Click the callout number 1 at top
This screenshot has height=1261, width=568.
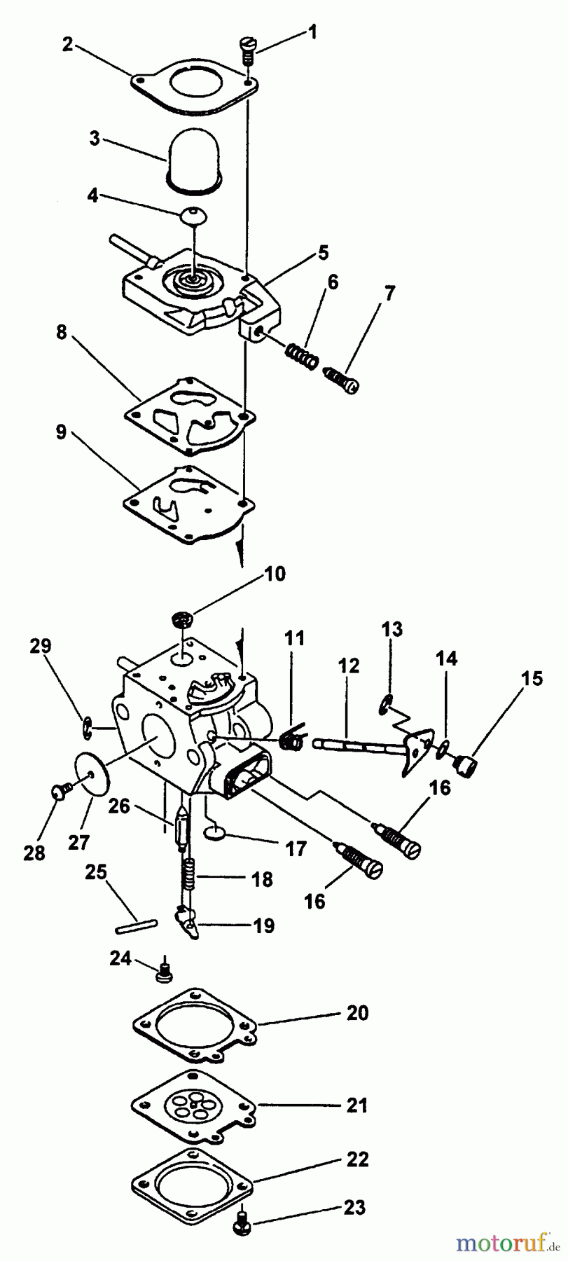pos(312,32)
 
